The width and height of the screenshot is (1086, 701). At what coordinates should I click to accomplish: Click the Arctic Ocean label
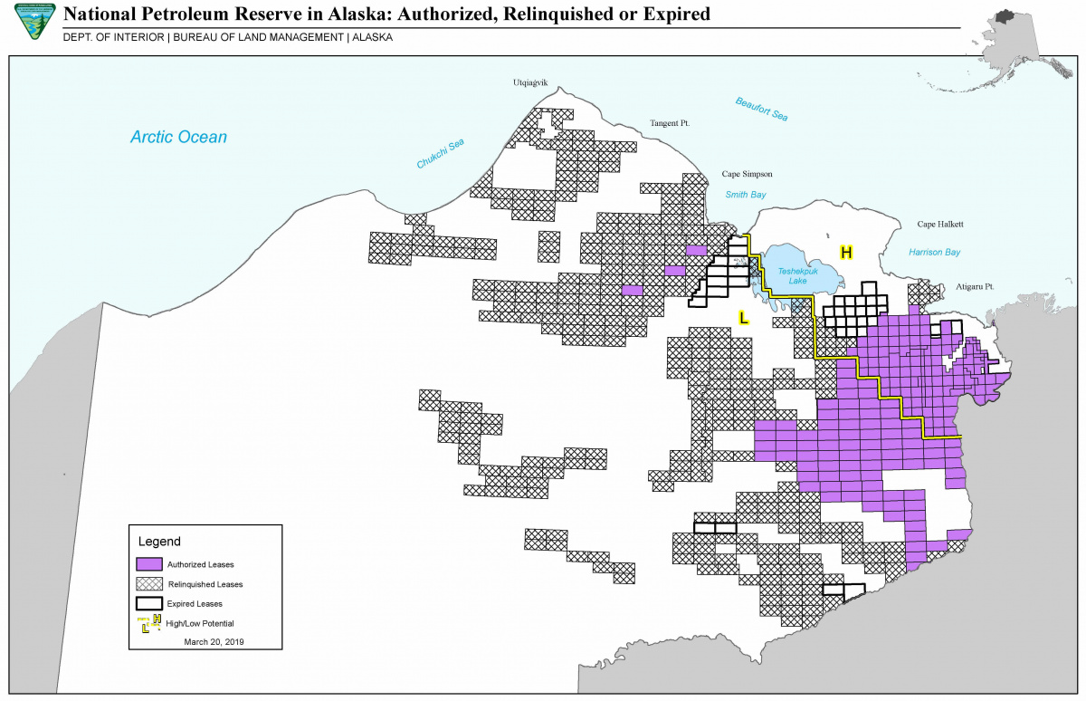(x=178, y=138)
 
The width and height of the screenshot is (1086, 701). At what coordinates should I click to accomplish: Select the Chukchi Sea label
(x=441, y=154)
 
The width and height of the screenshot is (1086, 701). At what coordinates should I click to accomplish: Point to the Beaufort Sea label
(x=761, y=109)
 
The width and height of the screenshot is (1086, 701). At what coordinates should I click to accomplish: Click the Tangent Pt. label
(x=671, y=122)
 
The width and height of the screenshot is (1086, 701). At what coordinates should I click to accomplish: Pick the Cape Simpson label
(x=747, y=174)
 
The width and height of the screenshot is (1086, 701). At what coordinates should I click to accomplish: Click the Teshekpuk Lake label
(x=797, y=275)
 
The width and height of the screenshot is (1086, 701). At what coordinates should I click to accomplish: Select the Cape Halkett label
(x=938, y=225)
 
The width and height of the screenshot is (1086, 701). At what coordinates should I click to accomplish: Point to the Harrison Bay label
(x=935, y=253)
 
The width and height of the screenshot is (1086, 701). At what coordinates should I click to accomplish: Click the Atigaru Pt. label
(x=975, y=286)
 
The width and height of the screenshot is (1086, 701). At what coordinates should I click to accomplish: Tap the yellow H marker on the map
(x=846, y=252)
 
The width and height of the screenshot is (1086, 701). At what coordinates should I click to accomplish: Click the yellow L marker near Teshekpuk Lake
(x=743, y=318)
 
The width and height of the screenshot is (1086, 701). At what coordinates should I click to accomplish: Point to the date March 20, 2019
(x=214, y=641)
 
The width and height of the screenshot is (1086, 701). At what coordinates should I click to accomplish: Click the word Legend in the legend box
(x=159, y=542)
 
